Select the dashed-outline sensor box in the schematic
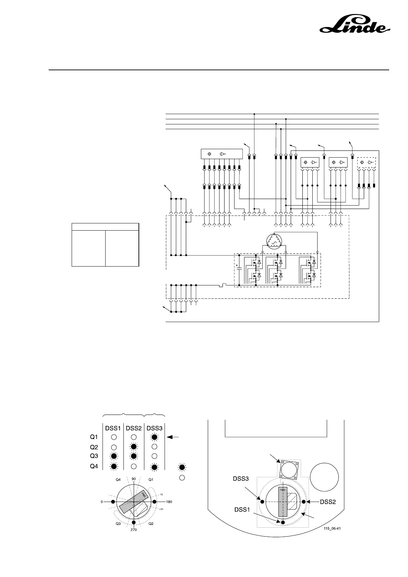pos(367,162)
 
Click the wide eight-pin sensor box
pos(221,154)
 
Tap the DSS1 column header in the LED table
pos(113,428)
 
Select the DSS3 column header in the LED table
pos(155,428)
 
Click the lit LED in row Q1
pos(155,437)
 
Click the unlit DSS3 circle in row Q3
pos(155,456)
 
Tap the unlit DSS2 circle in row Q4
pos(134,466)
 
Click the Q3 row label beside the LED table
pos(94,456)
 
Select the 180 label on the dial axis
pos(169,502)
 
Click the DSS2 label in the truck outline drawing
pos(328,502)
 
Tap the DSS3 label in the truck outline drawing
pos(241,479)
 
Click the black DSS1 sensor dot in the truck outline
pos(283,522)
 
